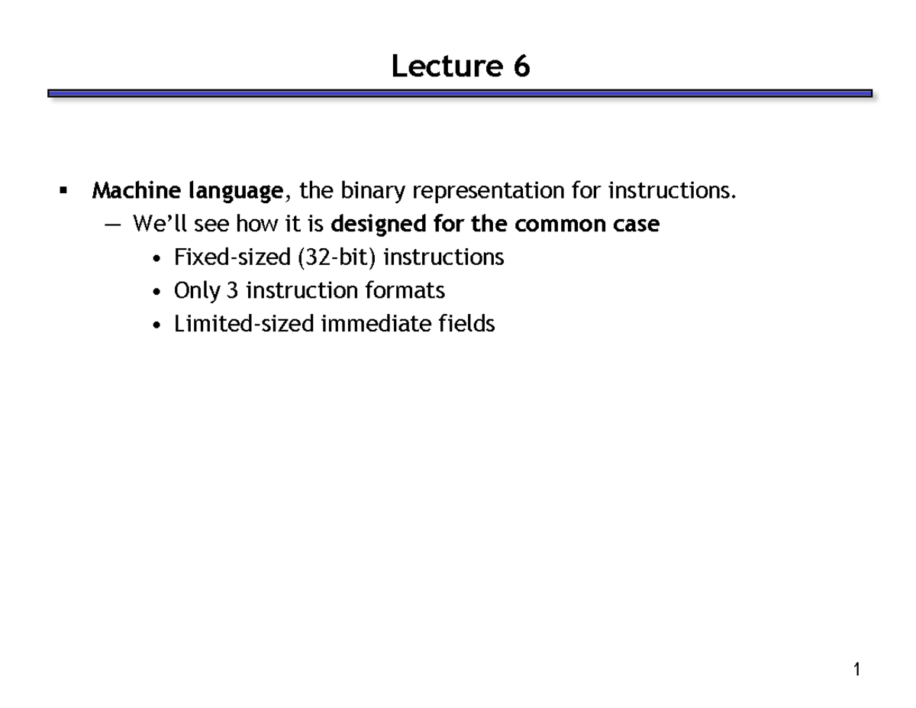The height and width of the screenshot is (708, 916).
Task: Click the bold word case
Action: [x=638, y=225]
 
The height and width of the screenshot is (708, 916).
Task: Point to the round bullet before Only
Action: [x=156, y=293]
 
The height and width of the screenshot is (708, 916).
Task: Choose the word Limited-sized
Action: [x=244, y=325]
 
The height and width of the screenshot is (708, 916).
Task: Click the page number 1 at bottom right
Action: [x=857, y=670]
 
